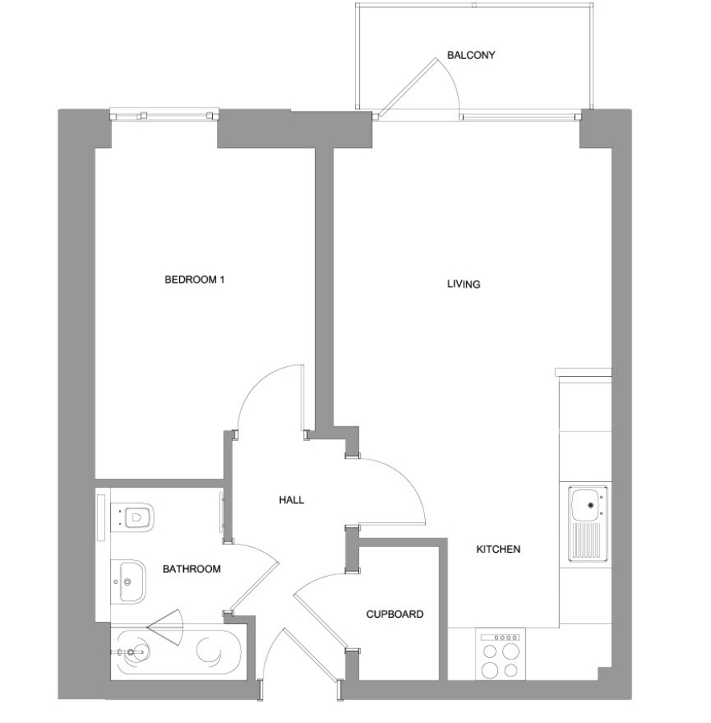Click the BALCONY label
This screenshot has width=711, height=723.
[x=471, y=55]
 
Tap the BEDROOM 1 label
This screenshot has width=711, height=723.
[x=194, y=280]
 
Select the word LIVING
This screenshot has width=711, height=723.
[x=464, y=284]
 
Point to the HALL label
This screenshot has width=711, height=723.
[x=292, y=500]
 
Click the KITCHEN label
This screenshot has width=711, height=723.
[x=498, y=549]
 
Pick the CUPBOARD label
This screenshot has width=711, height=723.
[x=394, y=615]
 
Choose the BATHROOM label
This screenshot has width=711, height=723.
[x=191, y=569]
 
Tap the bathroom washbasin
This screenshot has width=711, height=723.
[x=129, y=582]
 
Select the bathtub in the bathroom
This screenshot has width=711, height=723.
[x=176, y=651]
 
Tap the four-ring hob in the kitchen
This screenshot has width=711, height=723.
[x=501, y=654]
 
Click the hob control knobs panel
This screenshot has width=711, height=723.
[x=501, y=638]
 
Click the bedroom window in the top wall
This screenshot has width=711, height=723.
[x=164, y=114]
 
